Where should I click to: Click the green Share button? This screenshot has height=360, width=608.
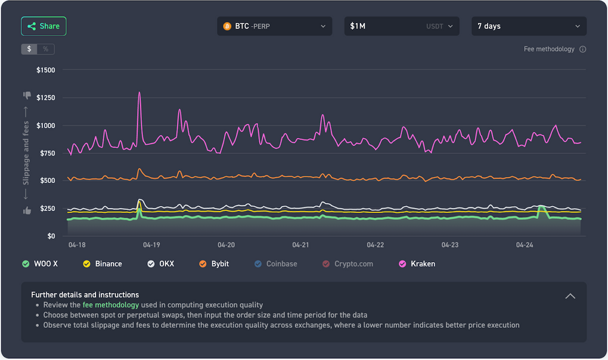point(43,26)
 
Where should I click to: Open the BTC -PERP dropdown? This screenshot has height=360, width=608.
point(274,26)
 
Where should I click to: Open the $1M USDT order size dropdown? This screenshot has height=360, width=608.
point(401,26)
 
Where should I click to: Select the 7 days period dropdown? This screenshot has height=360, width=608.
point(528,26)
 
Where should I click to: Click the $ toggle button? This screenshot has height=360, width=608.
point(29,49)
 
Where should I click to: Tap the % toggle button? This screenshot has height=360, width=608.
point(46,49)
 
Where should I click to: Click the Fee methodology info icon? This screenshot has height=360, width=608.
point(582,49)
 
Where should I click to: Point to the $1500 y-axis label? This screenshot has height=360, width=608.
point(46,70)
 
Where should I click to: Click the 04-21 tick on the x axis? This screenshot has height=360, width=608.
point(300,244)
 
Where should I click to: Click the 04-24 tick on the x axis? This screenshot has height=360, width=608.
point(524,244)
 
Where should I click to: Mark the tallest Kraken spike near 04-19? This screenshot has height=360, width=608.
point(139,93)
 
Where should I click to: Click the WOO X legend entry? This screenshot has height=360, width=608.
point(41,264)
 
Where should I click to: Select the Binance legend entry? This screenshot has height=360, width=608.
point(103,264)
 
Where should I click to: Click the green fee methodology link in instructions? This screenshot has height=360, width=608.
point(111,305)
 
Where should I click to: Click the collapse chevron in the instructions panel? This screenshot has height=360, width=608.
point(570,296)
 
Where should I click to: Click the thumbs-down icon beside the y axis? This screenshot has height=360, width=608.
point(27,95)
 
